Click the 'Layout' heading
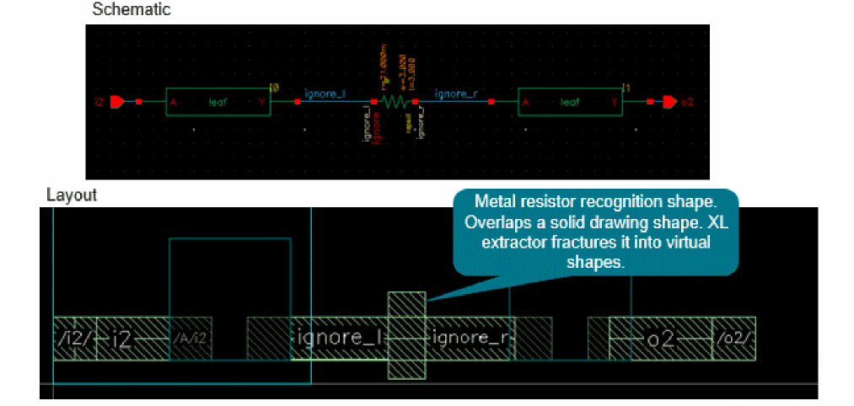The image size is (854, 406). point(72,195)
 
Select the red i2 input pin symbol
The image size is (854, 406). point(117,102)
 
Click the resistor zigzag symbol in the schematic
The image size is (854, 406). point(393,102)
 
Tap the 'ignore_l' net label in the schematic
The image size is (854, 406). point(325,93)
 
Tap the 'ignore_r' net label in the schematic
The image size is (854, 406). point(456,93)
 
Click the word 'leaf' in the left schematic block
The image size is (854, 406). point(218,102)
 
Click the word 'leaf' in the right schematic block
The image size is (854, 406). point(570,102)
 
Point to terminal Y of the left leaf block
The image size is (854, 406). point(262,102)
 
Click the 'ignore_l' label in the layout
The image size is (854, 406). point(341,339)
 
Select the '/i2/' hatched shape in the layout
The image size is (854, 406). point(74,339)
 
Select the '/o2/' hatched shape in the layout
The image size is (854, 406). point(733,339)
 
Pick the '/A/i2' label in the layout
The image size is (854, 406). point(191,339)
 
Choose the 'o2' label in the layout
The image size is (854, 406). point(660,339)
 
